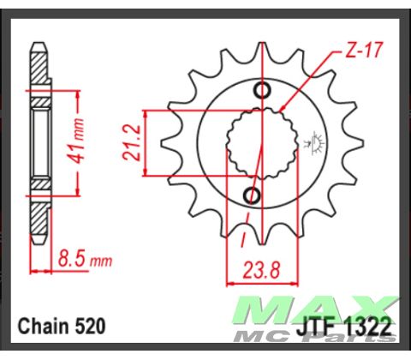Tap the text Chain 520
coord(62,327)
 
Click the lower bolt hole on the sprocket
coord(252,196)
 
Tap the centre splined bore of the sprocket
coord(258,144)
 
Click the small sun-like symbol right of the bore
coord(315,142)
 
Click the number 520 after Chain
coord(90,327)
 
